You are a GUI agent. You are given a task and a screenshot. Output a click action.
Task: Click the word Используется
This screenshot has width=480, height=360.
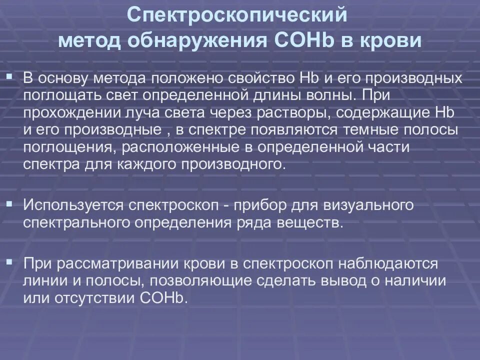pyautogui.click(x=74, y=205)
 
